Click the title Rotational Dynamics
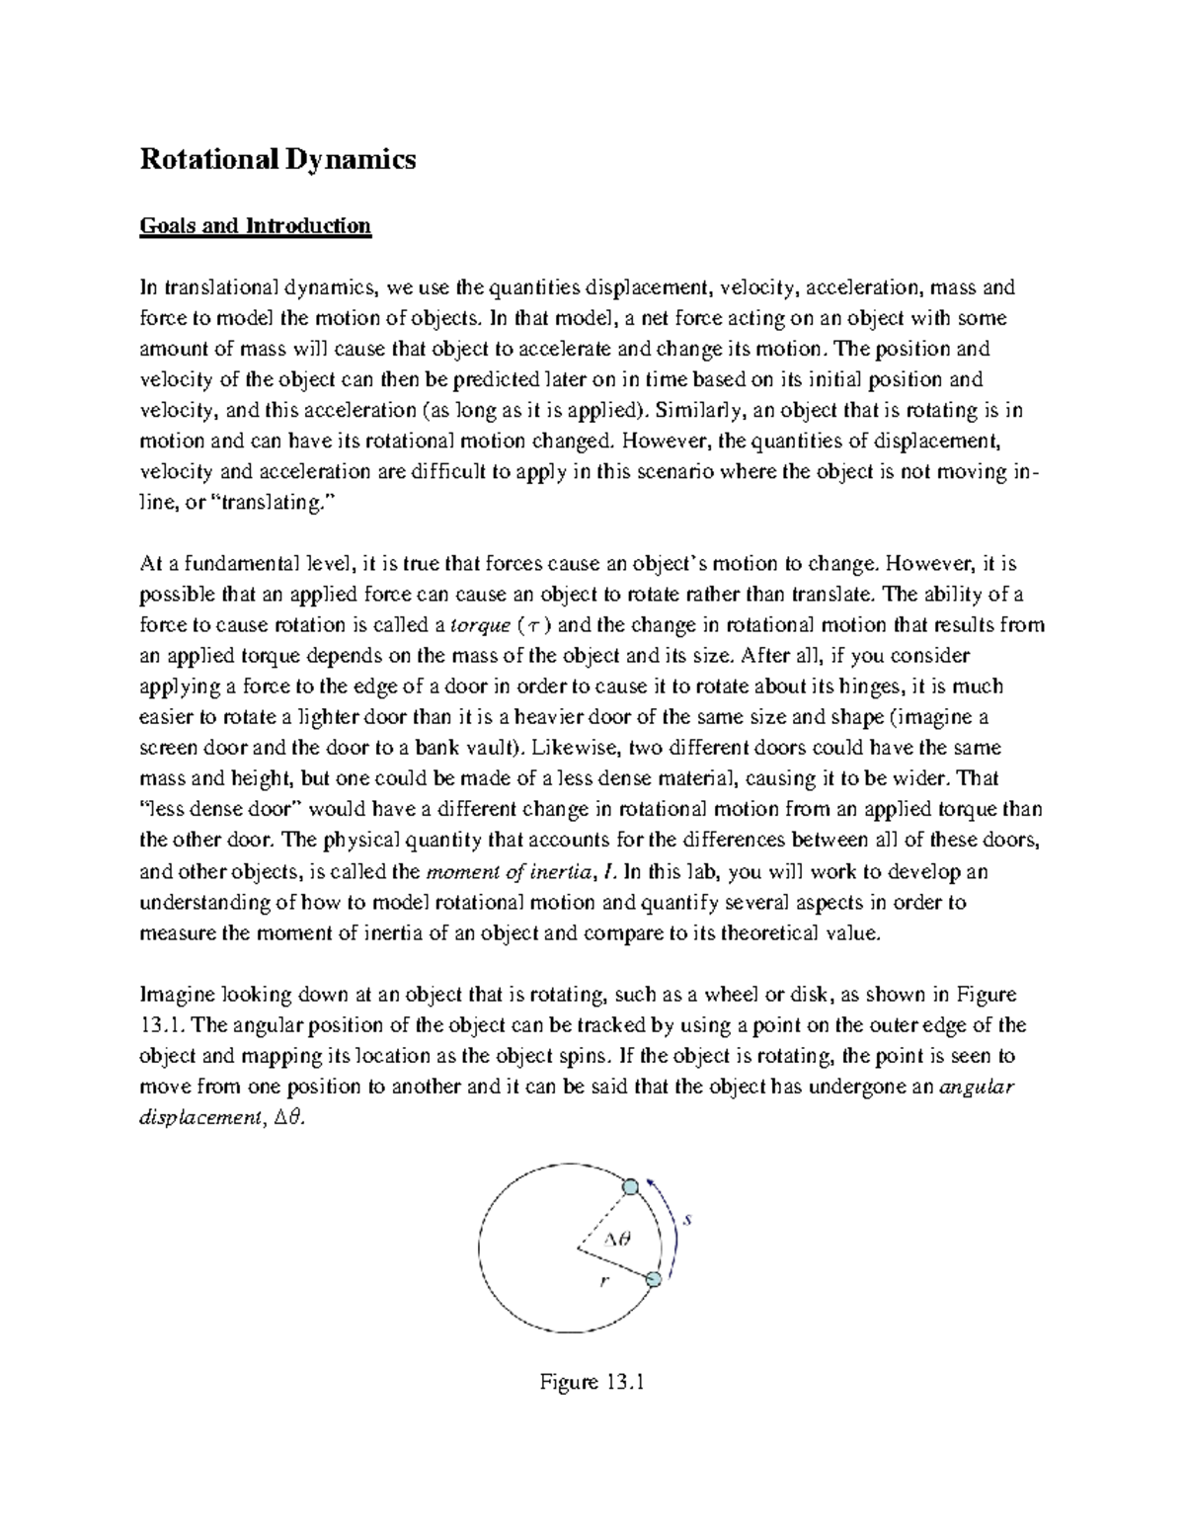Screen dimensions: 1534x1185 tap(277, 159)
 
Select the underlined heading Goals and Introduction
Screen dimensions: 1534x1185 tap(255, 226)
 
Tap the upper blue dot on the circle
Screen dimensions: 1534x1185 tap(630, 1186)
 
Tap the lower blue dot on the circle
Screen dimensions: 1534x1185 tap(653, 1280)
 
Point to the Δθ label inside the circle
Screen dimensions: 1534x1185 tap(617, 1238)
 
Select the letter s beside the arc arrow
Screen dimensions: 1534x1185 tap(688, 1220)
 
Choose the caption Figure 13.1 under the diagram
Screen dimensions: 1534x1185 tap(592, 1382)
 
